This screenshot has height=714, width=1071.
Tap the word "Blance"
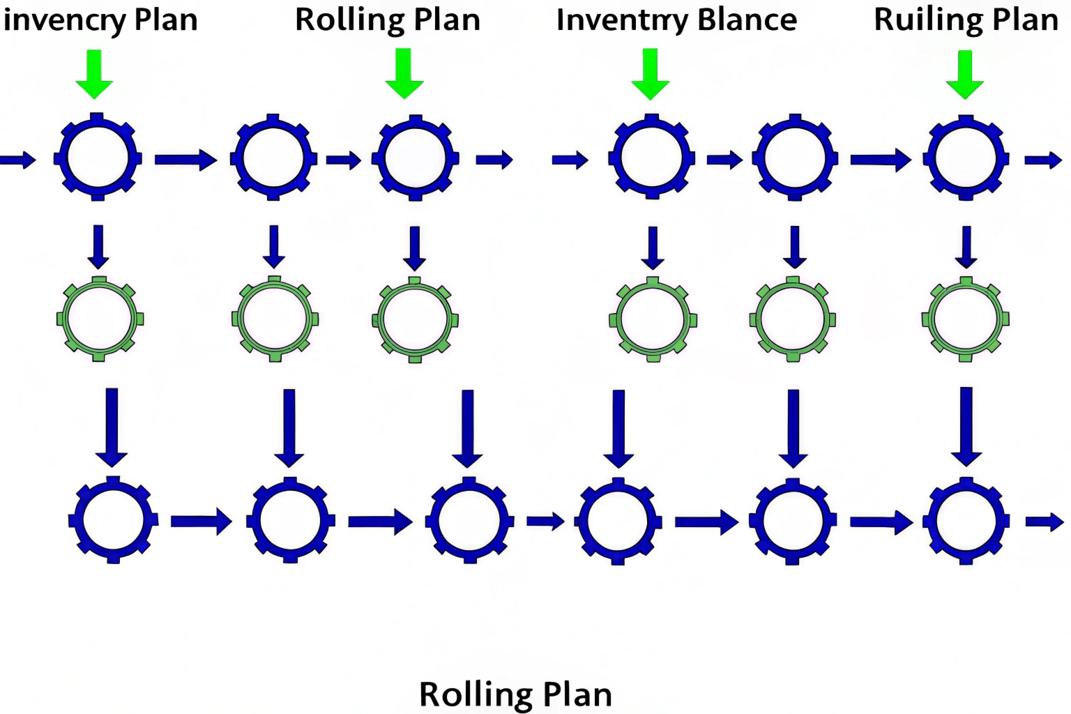tap(747, 20)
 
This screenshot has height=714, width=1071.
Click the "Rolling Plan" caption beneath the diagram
tap(515, 694)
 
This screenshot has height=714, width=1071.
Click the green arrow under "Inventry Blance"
tap(651, 73)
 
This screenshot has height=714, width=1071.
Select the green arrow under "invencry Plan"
tap(94, 74)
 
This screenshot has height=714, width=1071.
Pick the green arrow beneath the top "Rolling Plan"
tap(404, 73)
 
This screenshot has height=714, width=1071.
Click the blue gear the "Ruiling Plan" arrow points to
tap(966, 158)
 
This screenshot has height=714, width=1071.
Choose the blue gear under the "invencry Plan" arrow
tap(98, 157)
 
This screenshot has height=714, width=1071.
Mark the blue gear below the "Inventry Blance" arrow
tap(651, 157)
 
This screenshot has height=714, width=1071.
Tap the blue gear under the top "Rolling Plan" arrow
tap(415, 158)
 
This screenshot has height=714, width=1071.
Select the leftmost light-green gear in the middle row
tap(99, 319)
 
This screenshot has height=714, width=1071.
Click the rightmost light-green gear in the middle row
tap(966, 319)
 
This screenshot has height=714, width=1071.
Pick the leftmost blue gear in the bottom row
tap(113, 520)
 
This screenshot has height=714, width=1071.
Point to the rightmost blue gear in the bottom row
tap(966, 521)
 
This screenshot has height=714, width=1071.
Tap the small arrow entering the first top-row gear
tap(18, 160)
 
